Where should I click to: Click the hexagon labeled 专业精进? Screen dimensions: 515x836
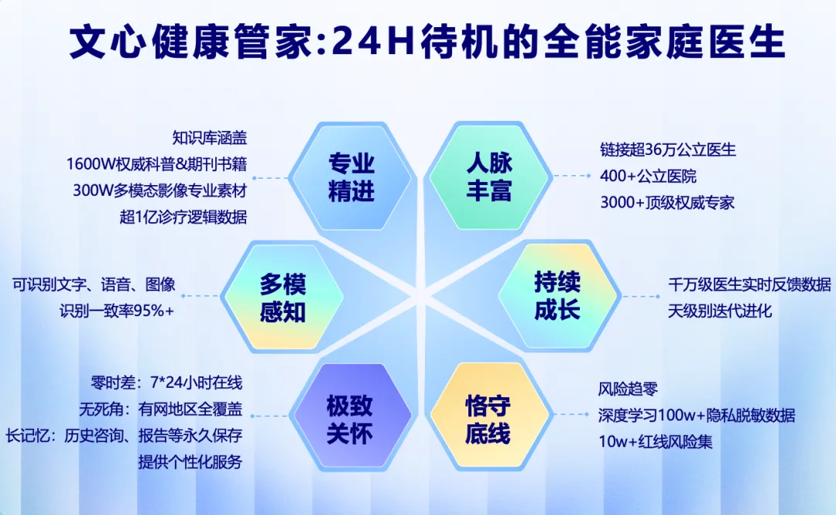(x=351, y=177)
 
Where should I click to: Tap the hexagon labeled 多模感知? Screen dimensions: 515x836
(x=283, y=297)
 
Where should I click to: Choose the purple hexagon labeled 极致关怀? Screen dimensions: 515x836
(x=350, y=419)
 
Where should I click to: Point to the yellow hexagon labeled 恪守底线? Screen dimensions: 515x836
(x=488, y=419)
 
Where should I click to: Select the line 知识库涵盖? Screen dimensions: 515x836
(x=210, y=139)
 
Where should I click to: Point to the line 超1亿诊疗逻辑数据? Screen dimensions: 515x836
(x=183, y=217)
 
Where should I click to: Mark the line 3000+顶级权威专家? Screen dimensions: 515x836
(x=667, y=203)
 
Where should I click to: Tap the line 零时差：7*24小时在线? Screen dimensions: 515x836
(x=166, y=382)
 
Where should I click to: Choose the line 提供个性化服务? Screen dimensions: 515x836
(x=190, y=462)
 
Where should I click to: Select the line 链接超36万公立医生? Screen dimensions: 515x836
(x=668, y=149)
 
